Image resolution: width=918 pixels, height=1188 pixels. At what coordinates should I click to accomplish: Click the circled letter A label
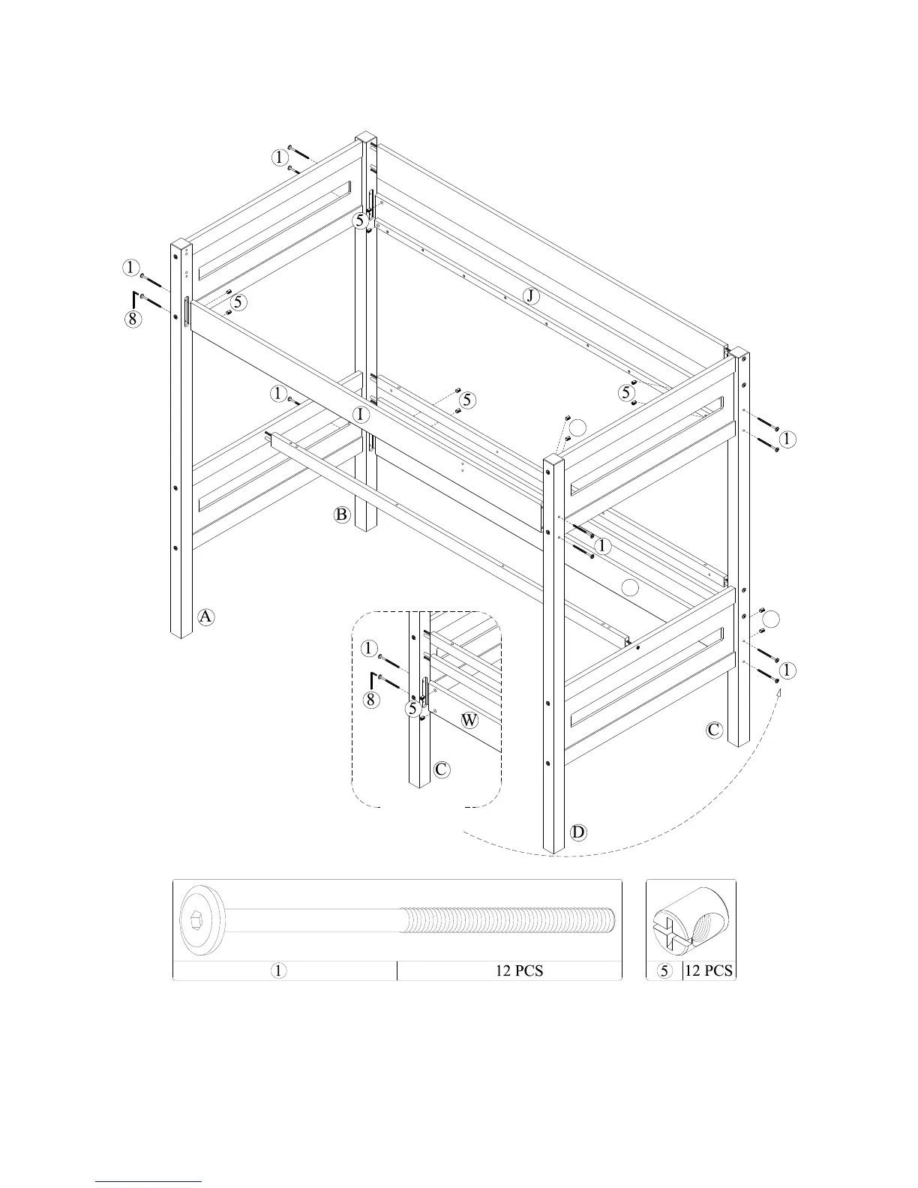tap(206, 616)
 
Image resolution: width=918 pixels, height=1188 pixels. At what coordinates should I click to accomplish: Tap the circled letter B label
tap(342, 514)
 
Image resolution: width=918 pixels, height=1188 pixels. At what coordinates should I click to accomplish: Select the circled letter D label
tap(578, 832)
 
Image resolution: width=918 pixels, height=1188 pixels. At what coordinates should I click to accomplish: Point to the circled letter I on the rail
tap(361, 414)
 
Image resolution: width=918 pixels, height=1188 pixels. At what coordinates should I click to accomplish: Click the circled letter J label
tap(531, 296)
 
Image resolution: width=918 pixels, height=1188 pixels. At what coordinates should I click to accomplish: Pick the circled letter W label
tap(469, 721)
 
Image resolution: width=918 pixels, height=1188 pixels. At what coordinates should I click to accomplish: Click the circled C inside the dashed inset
tap(442, 769)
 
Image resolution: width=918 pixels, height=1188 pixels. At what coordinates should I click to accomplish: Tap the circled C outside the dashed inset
tap(715, 729)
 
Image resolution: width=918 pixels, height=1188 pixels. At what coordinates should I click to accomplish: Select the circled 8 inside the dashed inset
tap(371, 700)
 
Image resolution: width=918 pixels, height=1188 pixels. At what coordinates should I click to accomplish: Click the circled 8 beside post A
tap(132, 319)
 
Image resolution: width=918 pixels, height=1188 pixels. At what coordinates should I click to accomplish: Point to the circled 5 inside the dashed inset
tap(413, 708)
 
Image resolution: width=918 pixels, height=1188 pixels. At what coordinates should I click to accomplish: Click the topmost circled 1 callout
tap(279, 157)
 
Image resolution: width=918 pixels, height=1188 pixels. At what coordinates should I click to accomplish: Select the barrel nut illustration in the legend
tap(690, 919)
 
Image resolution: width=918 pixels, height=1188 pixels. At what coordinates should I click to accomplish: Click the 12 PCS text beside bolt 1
tap(519, 970)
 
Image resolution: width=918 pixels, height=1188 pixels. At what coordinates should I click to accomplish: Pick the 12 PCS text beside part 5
tap(709, 970)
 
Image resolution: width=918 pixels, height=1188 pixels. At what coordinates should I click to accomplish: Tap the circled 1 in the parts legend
tap(278, 970)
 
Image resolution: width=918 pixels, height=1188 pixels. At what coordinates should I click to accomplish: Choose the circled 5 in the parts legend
tap(664, 970)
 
